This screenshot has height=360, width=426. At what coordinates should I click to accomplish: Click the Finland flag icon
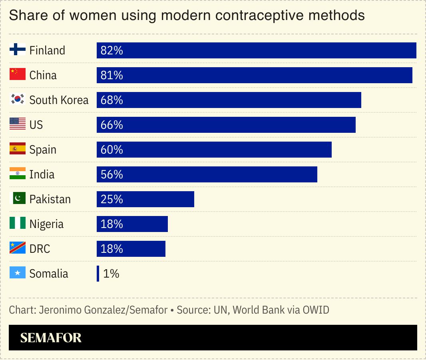(x=17, y=50)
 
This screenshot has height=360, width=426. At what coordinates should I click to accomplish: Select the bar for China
(x=254, y=75)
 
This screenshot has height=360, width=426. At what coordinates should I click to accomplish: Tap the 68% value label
(x=112, y=100)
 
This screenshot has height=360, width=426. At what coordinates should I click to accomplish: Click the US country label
(x=36, y=125)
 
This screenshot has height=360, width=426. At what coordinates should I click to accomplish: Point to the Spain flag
(x=17, y=149)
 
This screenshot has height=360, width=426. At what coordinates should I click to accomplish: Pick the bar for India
(x=207, y=174)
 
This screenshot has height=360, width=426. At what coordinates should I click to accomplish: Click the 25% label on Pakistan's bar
(x=112, y=199)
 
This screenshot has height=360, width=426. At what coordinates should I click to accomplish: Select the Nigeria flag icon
(x=17, y=224)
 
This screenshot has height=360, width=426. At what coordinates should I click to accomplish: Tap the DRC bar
(x=131, y=249)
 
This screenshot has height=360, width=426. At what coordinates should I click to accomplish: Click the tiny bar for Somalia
(x=98, y=274)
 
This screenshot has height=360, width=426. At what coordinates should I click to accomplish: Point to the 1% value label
(x=111, y=274)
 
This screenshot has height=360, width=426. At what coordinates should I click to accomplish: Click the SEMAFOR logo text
(x=51, y=338)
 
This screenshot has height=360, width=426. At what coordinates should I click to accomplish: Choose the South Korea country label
(x=59, y=100)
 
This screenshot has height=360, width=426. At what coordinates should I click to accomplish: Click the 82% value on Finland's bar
(x=112, y=50)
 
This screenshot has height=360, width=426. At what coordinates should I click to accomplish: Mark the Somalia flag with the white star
(x=17, y=273)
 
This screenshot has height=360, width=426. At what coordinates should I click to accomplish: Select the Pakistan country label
(x=50, y=199)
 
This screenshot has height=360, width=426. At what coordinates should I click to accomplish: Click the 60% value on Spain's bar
(x=112, y=150)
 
